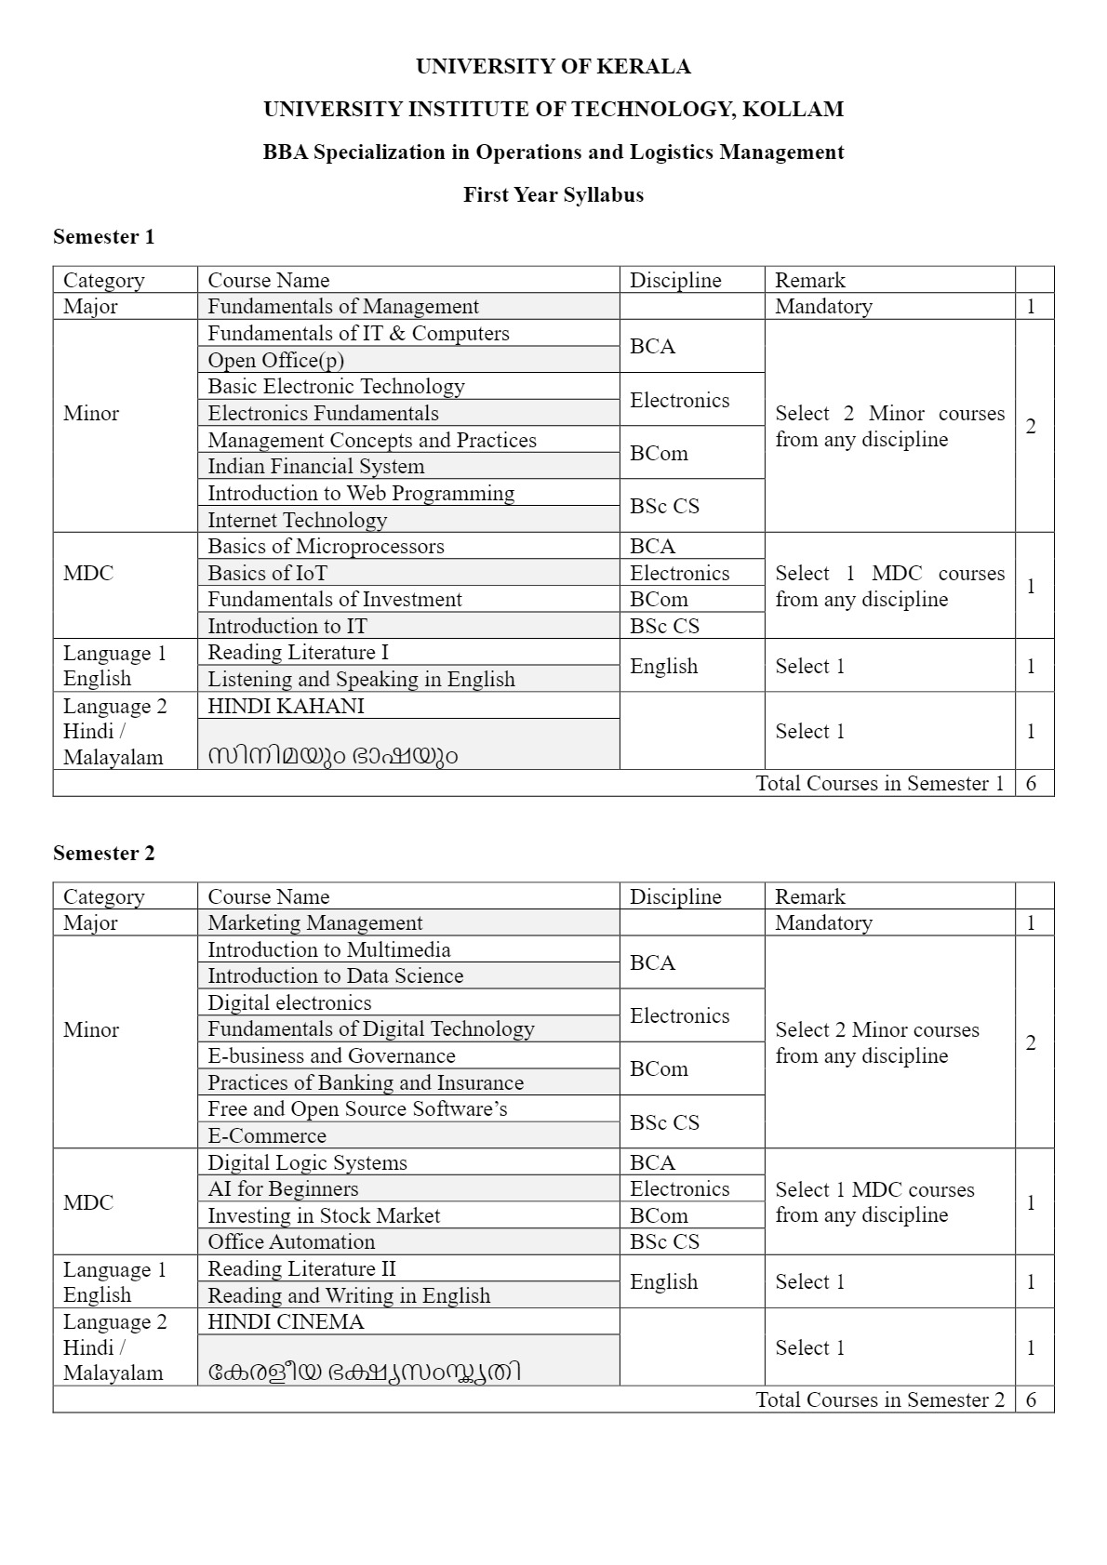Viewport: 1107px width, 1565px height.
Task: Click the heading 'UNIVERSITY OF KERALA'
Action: pyautogui.click(x=553, y=66)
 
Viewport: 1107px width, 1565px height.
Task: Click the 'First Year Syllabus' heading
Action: pyautogui.click(x=553, y=194)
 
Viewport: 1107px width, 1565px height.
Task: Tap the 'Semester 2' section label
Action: pyautogui.click(x=103, y=853)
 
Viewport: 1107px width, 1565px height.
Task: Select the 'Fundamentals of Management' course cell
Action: pyautogui.click(x=343, y=306)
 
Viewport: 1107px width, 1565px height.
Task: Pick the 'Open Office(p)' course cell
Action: pyautogui.click(x=276, y=360)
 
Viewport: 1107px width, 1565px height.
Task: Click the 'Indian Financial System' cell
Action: pyautogui.click(x=315, y=466)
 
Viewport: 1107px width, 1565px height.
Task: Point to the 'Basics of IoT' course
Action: pyautogui.click(x=267, y=573)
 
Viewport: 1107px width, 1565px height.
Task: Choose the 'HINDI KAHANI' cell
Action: pyautogui.click(x=286, y=706)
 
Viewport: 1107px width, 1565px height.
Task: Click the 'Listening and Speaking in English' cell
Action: pyautogui.click(x=361, y=679)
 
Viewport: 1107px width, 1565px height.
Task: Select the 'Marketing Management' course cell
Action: pyautogui.click(x=314, y=922)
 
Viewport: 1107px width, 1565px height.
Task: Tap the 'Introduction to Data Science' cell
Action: pyautogui.click(x=335, y=975)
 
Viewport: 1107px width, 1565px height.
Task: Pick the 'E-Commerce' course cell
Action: pyautogui.click(x=267, y=1135)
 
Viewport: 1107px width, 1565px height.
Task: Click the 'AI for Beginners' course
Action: pyautogui.click(x=283, y=1188)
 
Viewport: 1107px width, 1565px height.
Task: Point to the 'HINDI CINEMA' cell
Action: pyautogui.click(x=286, y=1321)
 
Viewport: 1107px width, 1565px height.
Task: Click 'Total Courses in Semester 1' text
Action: pyautogui.click(x=879, y=783)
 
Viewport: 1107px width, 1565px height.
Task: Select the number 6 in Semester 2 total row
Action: pyautogui.click(x=1031, y=1399)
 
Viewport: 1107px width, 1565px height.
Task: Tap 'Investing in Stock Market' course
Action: pyautogui.click(x=324, y=1215)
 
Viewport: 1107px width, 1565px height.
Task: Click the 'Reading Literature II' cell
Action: pyautogui.click(x=301, y=1268)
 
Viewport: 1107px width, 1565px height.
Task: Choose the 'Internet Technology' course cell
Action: pyautogui.click(x=297, y=520)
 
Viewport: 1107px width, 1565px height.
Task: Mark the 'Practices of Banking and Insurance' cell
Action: pyautogui.click(x=366, y=1082)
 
